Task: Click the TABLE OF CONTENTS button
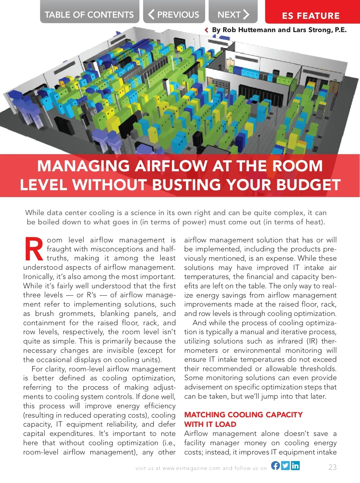point(89,14)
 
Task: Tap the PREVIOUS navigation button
point(174,14)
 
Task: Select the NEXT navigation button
point(233,14)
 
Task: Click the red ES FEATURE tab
point(311,16)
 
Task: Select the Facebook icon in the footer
point(275,465)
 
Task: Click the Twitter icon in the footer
point(285,465)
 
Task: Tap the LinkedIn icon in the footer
point(295,465)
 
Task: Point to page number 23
point(332,467)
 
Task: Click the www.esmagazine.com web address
point(191,468)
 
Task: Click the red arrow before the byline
point(206,30)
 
